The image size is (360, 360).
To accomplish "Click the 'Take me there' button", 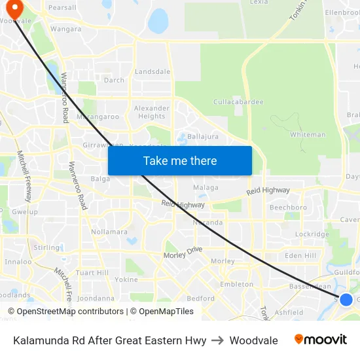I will tap(180, 160).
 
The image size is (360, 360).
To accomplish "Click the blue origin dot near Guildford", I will tap(346, 300).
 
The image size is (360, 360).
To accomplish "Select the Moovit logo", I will tap(321, 340).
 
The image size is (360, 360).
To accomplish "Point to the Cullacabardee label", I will tap(238, 101).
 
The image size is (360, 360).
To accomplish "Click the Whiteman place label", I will tap(308, 135).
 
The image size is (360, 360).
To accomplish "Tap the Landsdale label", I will tap(153, 71).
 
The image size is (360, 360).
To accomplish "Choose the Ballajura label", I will tap(203, 136).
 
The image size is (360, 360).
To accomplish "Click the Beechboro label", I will tap(288, 207).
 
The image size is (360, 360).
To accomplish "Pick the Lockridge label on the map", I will tap(312, 234).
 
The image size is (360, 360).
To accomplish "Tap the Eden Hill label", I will tap(300, 255).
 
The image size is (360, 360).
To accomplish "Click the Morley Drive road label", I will tap(183, 252).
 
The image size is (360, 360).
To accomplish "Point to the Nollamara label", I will tap(109, 232).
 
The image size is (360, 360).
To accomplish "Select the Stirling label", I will tap(46, 247).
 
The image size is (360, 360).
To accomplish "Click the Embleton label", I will tap(237, 285).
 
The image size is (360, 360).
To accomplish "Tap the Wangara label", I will tap(66, 29).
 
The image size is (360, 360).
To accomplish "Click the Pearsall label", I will tap(62, 7).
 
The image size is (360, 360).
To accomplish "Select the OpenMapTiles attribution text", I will tap(162, 312).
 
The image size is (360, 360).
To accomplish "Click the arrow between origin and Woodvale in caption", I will tap(218, 340).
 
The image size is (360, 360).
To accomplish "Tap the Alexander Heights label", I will tap(152, 112).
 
